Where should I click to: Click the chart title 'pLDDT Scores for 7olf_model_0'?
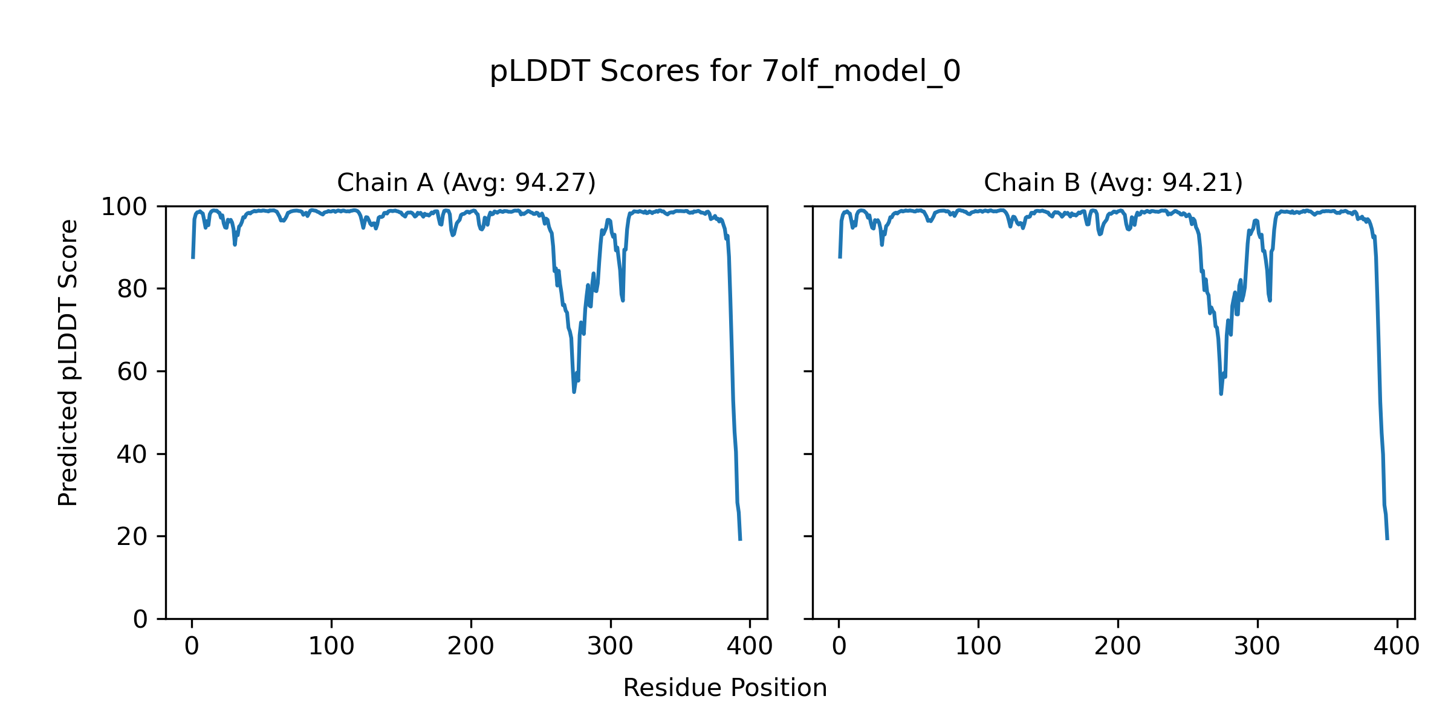point(725,72)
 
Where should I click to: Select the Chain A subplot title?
point(466,182)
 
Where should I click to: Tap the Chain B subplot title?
point(1113,182)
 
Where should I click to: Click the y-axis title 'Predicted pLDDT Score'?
point(68,362)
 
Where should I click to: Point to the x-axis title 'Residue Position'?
point(725,688)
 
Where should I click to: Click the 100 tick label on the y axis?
point(124,207)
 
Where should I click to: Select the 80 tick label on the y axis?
point(132,289)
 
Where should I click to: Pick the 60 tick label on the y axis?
point(132,372)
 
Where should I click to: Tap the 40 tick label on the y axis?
point(132,454)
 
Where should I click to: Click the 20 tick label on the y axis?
point(132,536)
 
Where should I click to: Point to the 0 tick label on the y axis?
point(140,619)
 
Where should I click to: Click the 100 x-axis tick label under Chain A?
point(331,646)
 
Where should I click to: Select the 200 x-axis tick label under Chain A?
point(471,646)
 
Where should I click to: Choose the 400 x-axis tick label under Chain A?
point(750,646)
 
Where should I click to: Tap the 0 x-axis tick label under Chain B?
point(839,646)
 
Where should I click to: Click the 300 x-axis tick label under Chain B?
point(1258,646)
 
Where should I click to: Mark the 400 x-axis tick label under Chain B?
point(1397,646)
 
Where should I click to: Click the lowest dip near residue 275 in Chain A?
point(574,391)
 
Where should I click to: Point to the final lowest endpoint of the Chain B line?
point(1387,539)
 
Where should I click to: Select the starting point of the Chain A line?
point(193,258)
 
